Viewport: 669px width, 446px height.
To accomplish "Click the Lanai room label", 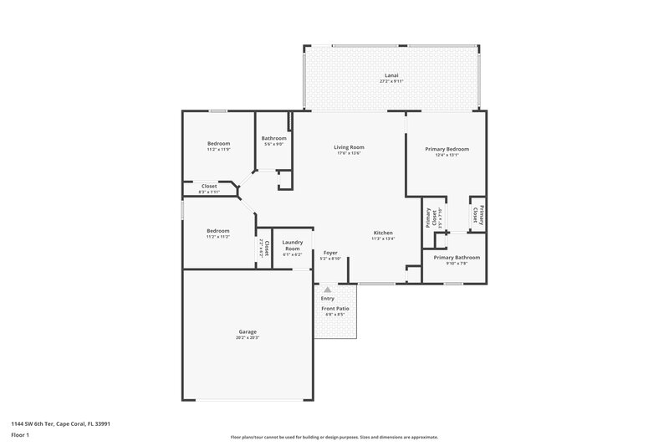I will pos(391,75).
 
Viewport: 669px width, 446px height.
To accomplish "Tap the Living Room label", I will pos(350,147).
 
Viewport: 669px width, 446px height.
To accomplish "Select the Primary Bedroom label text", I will pos(447,149).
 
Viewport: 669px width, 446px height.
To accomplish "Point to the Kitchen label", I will pos(383,233).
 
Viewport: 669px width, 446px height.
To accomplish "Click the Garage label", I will pos(248,331).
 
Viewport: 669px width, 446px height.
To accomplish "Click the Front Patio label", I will pos(335,309).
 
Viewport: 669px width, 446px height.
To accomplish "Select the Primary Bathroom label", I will pos(457,258).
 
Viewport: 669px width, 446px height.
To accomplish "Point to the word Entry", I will pos(327,299).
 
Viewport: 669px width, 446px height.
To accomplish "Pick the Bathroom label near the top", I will pos(273,138).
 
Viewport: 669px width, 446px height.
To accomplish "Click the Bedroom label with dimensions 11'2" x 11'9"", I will pos(218,143).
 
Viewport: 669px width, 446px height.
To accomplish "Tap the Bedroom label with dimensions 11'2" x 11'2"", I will pos(218,231).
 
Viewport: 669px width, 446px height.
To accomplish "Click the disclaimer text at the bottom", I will pos(334,437).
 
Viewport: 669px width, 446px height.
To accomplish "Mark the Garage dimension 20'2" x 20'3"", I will pos(248,337).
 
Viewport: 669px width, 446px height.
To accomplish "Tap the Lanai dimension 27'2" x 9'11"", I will pos(391,81).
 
